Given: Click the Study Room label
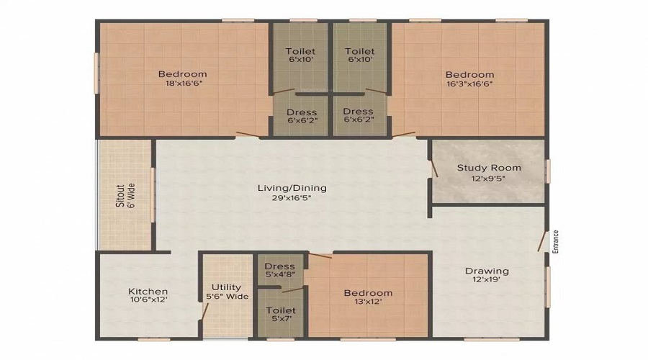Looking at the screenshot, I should tap(489, 168).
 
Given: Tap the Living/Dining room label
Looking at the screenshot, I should tap(292, 188).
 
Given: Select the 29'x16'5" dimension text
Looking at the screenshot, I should tap(292, 199).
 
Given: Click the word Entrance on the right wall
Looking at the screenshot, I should tap(555, 241).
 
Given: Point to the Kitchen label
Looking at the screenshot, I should tap(148, 292).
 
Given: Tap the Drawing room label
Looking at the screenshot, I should tap(487, 271).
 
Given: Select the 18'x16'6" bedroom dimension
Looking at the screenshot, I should tap(182, 84).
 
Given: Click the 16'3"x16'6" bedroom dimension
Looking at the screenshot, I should tap(469, 84).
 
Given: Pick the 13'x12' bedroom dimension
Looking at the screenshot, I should tap(368, 302).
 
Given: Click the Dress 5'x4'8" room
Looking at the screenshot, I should tap(279, 270).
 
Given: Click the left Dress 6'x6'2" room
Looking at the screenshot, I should tap(301, 115).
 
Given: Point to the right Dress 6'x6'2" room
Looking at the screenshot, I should tap(358, 115).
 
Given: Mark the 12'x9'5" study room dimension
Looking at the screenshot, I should tap(489, 179).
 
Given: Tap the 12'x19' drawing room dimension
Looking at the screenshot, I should tap(487, 281).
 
